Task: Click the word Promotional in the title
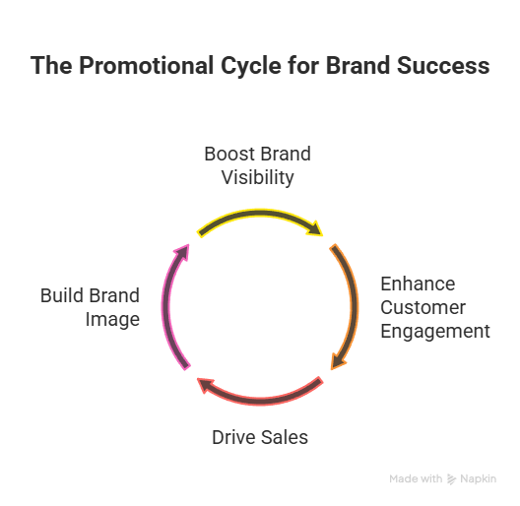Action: coord(146,66)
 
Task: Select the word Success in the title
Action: coord(443,66)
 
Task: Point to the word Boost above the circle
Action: coord(229,154)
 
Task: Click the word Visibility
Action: coord(257,178)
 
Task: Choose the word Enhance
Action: coord(418,284)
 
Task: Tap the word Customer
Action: coord(422,307)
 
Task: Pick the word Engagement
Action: coord(435,332)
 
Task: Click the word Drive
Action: coord(233,437)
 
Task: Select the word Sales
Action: coord(285,437)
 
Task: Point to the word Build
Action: coord(61,295)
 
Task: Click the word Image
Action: coord(112,320)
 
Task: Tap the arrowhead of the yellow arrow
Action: coord(315,228)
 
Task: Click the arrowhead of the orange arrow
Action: coord(337,360)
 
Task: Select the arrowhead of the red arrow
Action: coord(205,385)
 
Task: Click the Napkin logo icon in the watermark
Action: coord(451,479)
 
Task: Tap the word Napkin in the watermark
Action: coord(479,479)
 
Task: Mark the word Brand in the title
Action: coord(358,66)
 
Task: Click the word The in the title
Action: coord(51,66)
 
